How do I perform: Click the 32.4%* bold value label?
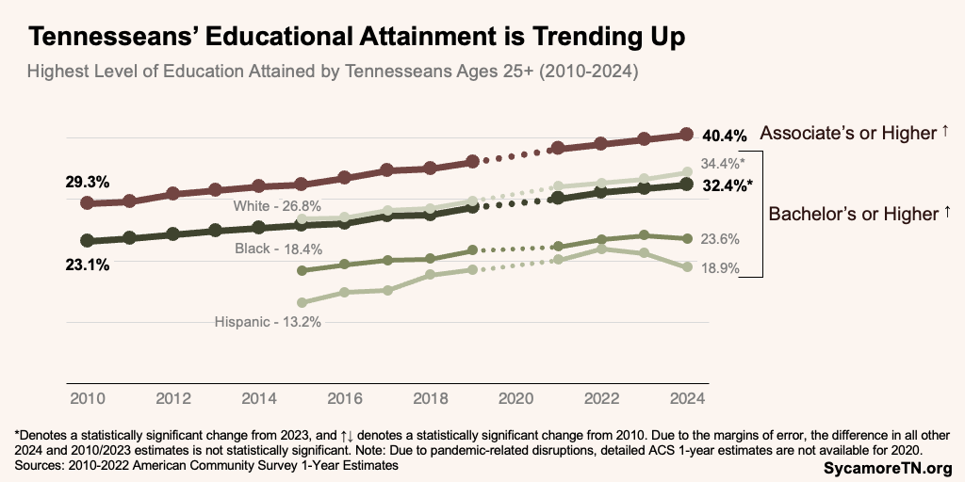[x=728, y=185]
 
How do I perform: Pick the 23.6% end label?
[x=720, y=239]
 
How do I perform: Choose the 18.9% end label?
[x=720, y=268]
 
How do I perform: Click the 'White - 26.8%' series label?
[x=278, y=205]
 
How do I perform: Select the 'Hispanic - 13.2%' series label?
[x=269, y=321]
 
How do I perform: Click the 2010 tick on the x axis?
[x=87, y=398]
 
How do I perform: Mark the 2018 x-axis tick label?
[x=430, y=398]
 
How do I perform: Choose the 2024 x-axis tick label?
[x=688, y=398]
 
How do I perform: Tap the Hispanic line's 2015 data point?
[x=302, y=302]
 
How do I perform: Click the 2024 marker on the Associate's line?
[x=687, y=135]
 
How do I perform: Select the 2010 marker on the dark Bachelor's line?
[x=88, y=241]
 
